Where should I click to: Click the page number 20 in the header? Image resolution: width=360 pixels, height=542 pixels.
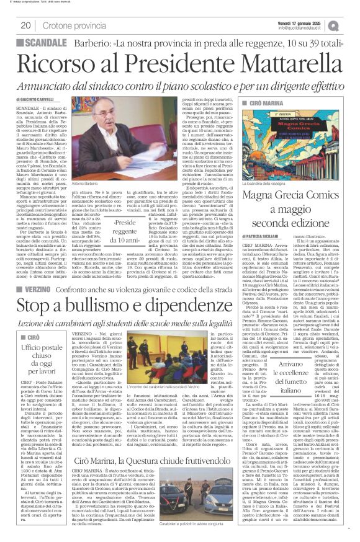[x=26, y=25]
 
